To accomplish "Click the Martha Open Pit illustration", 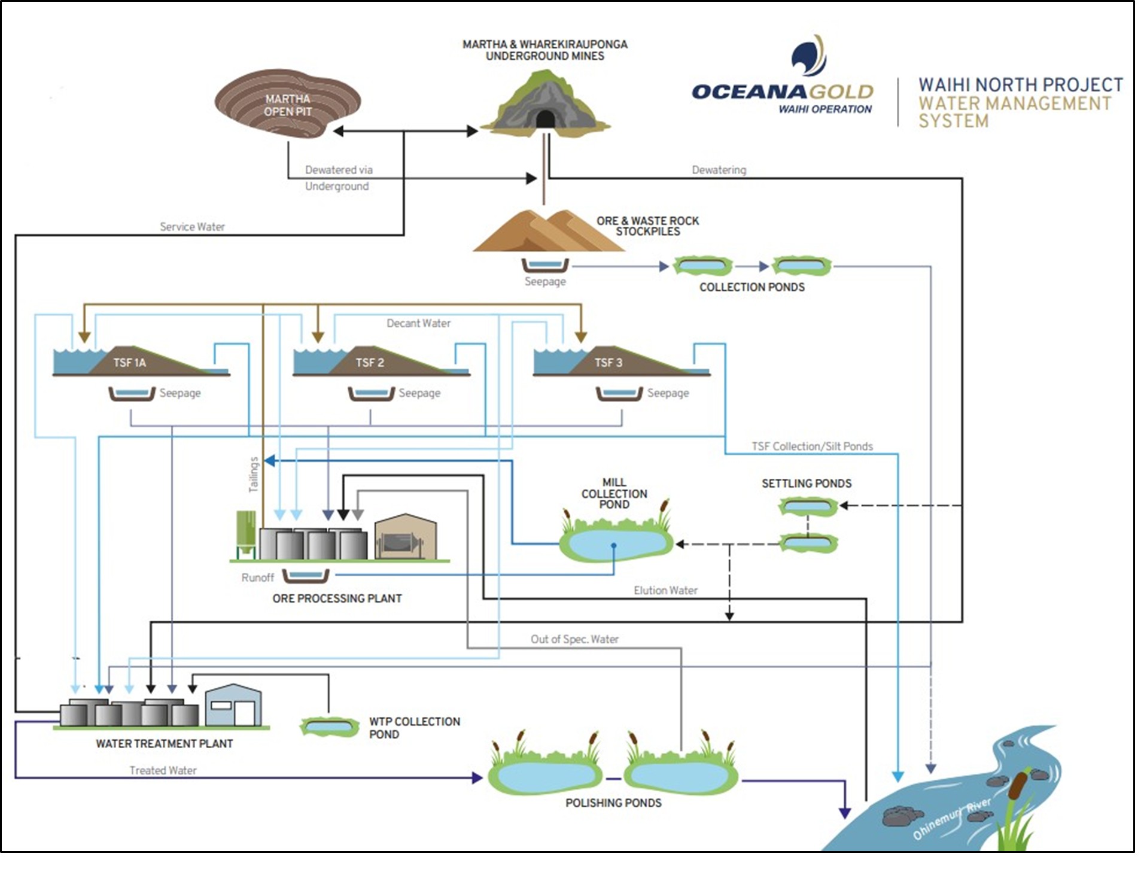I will point(287,105).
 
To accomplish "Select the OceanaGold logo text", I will point(782,92).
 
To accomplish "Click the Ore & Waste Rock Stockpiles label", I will point(647,226).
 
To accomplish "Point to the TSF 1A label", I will point(130,363).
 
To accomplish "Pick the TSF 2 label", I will point(370,363).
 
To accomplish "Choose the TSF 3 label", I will point(609,363).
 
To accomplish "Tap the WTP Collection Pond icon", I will point(328,727).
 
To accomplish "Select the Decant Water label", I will point(418,323).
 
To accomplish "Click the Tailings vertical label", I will point(254,475).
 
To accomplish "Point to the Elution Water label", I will point(665,590).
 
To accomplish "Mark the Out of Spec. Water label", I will point(574,639).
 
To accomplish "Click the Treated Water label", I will point(163,770).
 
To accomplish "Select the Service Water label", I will point(192,227).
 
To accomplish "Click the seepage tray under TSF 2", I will point(371,394).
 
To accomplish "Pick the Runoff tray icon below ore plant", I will point(306,576).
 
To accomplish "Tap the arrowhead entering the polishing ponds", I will point(477,778).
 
